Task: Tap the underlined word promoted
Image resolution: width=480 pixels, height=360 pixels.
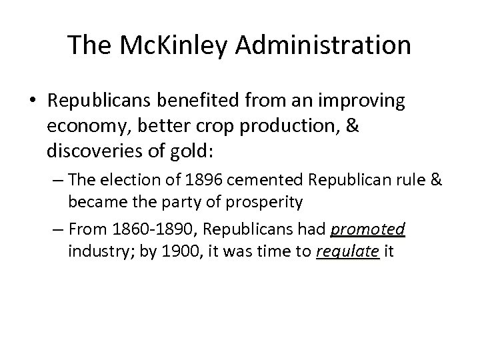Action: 367,230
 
